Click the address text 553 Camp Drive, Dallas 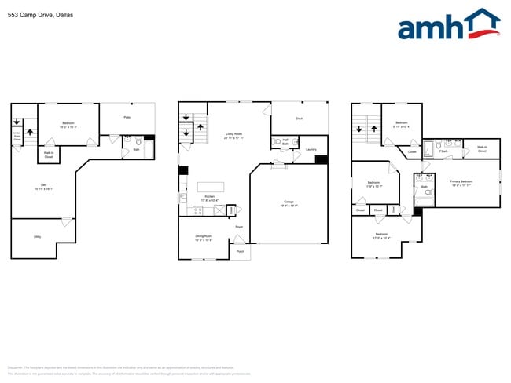(40, 13)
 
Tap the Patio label (127, 117)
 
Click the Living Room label (233, 135)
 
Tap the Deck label (299, 119)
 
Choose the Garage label (289, 203)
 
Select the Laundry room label (300, 148)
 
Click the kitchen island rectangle (214, 187)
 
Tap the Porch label (241, 252)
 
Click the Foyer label (238, 228)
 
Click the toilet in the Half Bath (276, 143)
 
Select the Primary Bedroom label (461, 183)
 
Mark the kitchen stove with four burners (197, 210)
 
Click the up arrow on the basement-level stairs (31, 131)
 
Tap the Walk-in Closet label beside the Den (48, 155)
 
